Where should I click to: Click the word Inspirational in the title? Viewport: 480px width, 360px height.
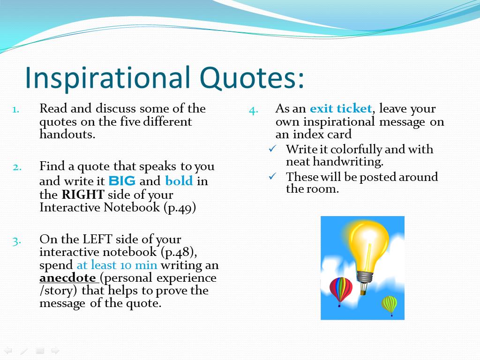[107, 78]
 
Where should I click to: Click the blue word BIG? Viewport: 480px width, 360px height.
[122, 181]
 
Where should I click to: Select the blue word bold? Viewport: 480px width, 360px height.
[179, 180]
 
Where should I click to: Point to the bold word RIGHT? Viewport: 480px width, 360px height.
[83, 195]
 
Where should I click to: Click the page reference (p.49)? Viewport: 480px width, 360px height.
[180, 208]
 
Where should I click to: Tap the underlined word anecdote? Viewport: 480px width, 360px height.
[67, 277]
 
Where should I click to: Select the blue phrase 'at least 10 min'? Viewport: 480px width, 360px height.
[117, 265]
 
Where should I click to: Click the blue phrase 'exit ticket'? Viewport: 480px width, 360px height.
[341, 108]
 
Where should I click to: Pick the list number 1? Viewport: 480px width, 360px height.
[16, 110]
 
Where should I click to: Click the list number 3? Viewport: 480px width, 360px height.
[17, 241]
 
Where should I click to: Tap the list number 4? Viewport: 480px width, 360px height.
[254, 111]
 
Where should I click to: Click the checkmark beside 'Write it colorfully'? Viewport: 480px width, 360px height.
[272, 149]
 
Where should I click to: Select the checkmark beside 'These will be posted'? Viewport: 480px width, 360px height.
[272, 176]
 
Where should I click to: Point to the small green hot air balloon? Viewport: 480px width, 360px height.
[390, 305]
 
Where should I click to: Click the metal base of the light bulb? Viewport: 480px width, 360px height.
[365, 277]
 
